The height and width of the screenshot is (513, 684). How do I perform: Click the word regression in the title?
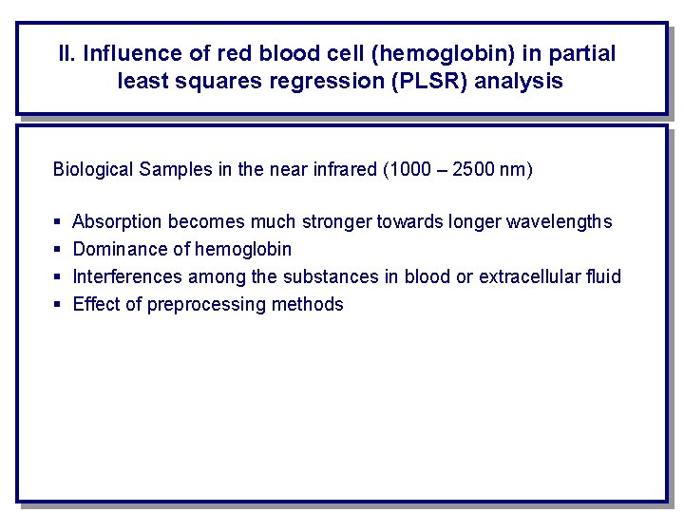tap(332, 81)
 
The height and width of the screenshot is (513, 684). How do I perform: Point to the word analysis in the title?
tap(519, 81)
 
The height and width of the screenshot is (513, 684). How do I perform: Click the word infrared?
tap(345, 170)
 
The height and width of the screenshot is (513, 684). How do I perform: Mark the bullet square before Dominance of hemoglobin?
tap(58, 250)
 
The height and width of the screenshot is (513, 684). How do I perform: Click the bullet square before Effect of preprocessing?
tap(58, 305)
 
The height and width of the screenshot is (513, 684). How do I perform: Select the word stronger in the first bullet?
tap(337, 221)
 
